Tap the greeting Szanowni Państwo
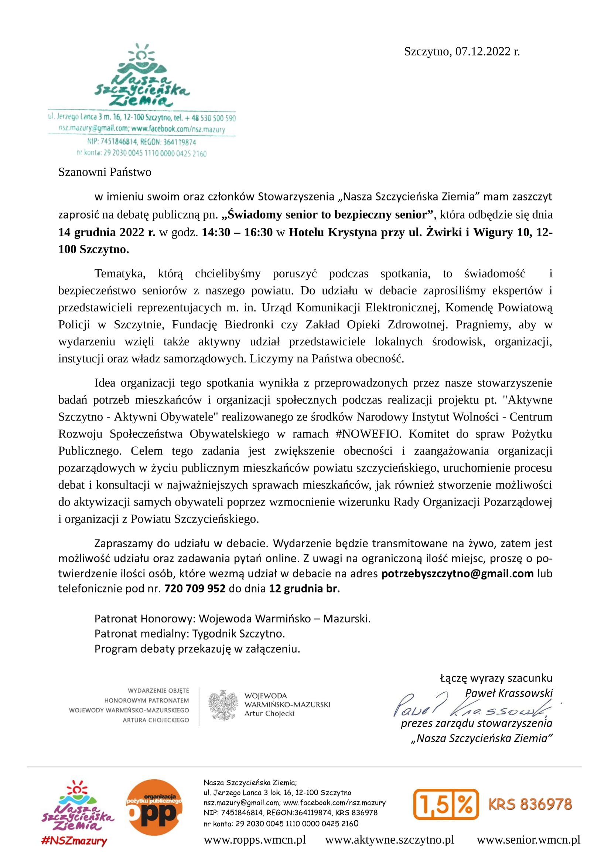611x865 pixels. [x=105, y=172]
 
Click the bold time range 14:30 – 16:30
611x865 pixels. [x=237, y=232]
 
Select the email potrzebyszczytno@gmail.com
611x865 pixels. [x=457, y=574]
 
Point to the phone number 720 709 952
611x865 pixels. [x=195, y=588]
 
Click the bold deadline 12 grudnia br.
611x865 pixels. [x=304, y=588]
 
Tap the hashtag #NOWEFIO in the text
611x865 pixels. [x=367, y=434]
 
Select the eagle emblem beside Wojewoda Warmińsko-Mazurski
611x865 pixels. [x=223, y=705]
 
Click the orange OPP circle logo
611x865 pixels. [x=154, y=807]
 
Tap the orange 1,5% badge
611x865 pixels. [x=446, y=804]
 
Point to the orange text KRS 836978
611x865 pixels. [x=530, y=804]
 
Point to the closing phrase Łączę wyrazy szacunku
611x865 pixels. [x=496, y=678]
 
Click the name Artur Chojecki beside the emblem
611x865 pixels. [x=269, y=713]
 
